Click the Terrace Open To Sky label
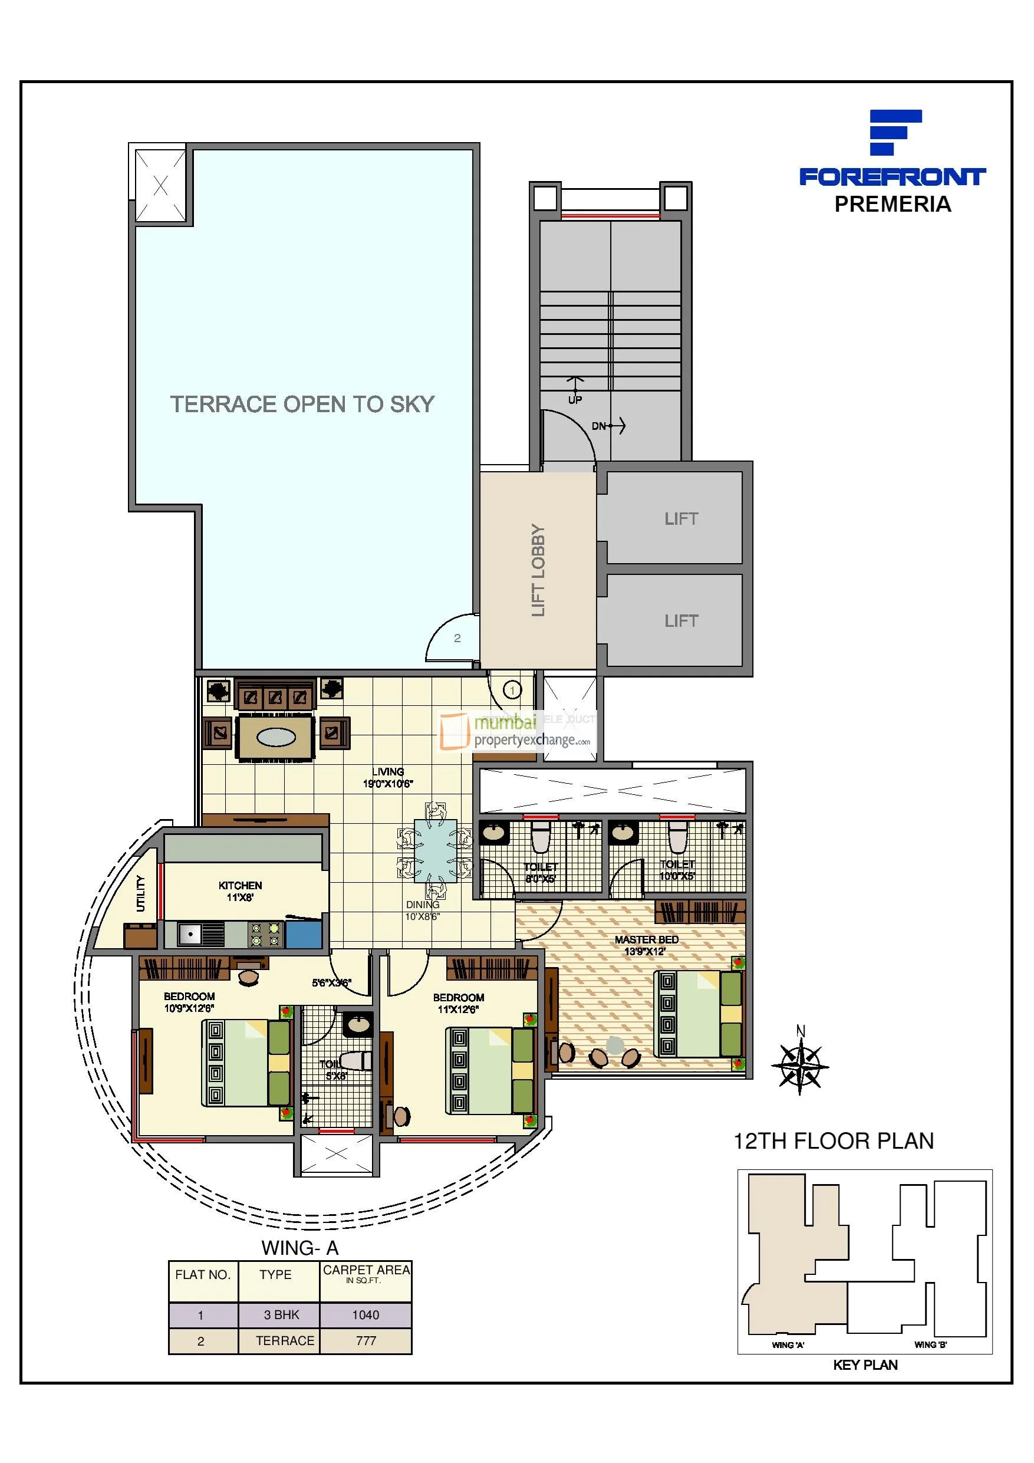point(302,404)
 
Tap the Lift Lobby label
point(538,570)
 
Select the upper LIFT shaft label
point(681,519)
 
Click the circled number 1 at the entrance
point(512,690)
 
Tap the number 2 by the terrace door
point(457,638)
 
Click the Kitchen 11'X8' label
point(240,891)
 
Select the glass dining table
point(435,850)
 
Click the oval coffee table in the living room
point(276,737)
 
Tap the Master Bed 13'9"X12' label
point(646,945)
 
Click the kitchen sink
point(190,934)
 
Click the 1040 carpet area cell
point(365,1314)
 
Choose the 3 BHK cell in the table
point(282,1314)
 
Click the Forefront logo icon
point(894,132)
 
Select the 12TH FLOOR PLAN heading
point(834,1140)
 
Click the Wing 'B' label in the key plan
point(930,1344)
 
